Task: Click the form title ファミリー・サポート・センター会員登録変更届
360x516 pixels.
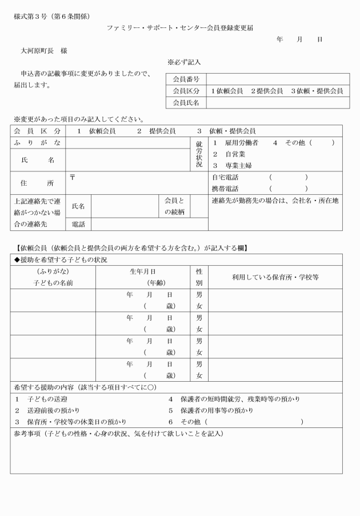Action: tap(181, 27)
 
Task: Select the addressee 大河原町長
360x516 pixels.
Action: tap(37, 51)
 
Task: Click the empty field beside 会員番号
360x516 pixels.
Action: tap(277, 79)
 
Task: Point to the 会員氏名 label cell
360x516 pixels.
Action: tap(186, 103)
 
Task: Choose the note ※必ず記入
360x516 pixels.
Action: tap(183, 62)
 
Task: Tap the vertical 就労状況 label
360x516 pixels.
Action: tap(199, 154)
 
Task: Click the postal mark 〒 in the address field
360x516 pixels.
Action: tap(73, 177)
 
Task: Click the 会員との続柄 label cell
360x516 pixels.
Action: tap(174, 206)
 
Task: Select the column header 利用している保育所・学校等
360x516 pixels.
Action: tap(275, 277)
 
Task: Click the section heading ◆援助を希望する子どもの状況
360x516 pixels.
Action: tap(60, 260)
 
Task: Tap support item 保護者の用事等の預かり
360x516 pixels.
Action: tap(217, 410)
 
